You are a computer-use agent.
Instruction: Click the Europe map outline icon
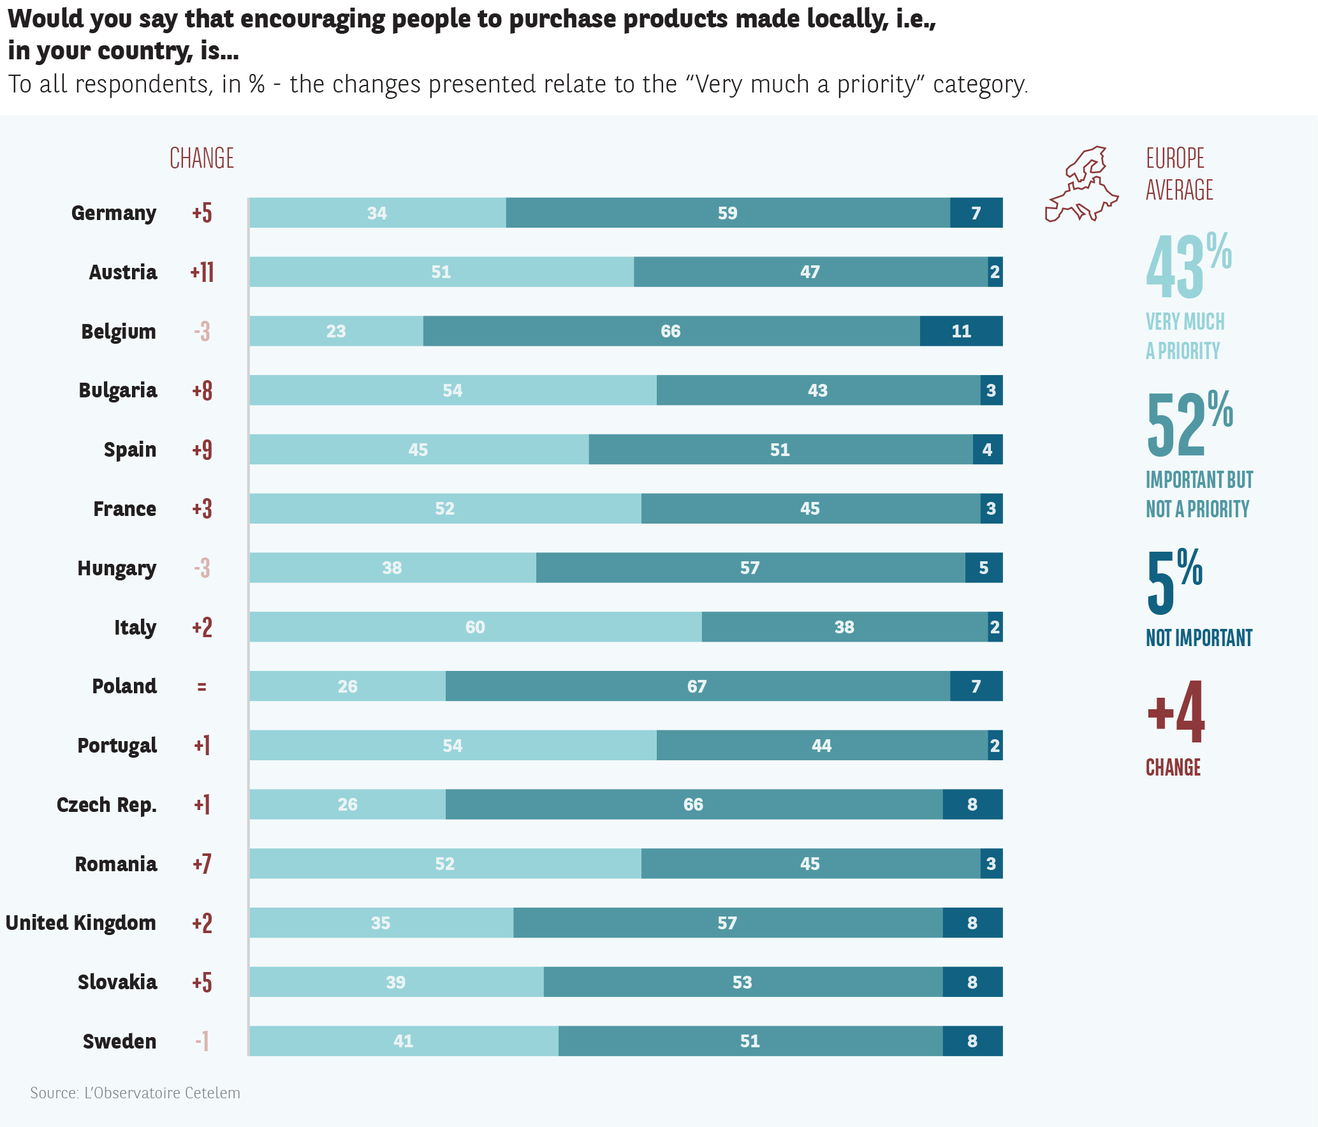1081,184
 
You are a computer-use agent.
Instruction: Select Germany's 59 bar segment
728,213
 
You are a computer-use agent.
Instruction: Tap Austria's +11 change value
202,272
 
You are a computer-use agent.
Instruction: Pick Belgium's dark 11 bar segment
961,332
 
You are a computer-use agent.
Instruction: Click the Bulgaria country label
118,390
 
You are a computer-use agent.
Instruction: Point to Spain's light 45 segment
418,450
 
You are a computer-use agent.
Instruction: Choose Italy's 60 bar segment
475,627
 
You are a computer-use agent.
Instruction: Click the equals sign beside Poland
201,687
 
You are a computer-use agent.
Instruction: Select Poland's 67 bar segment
697,686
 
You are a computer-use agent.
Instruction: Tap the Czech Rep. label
106,805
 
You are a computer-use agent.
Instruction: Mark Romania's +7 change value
202,864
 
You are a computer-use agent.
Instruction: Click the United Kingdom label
81,923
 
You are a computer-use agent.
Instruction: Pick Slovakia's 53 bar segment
742,982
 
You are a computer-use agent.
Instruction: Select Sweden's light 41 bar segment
403,1042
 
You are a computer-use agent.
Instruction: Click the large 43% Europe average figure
1187,267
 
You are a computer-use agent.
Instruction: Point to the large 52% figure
1189,424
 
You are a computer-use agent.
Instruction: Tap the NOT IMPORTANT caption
1199,638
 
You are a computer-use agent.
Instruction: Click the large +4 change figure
1176,712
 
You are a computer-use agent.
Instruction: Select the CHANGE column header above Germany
201,158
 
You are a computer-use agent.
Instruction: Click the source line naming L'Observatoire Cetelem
135,1093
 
